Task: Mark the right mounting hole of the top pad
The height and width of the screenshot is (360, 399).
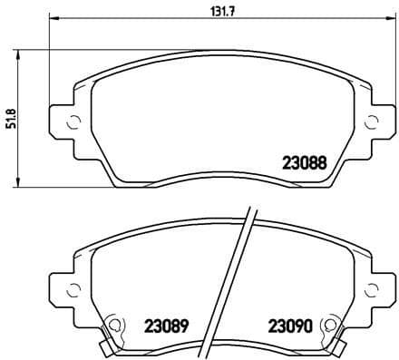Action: click(368, 124)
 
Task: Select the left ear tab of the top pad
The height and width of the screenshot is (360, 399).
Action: click(61, 124)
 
